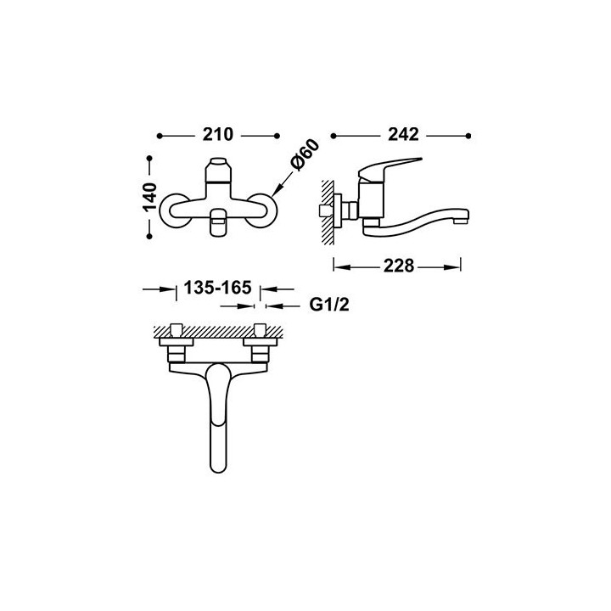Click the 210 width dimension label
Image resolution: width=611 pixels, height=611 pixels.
click(217, 135)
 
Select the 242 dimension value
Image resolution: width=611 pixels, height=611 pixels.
click(403, 135)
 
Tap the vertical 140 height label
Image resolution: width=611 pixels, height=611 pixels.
click(149, 197)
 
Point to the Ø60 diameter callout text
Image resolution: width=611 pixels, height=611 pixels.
click(305, 154)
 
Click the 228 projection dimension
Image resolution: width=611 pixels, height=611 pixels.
click(398, 266)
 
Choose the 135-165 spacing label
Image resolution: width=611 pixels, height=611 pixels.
click(217, 288)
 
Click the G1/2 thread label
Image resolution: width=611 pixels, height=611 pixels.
click(329, 305)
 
